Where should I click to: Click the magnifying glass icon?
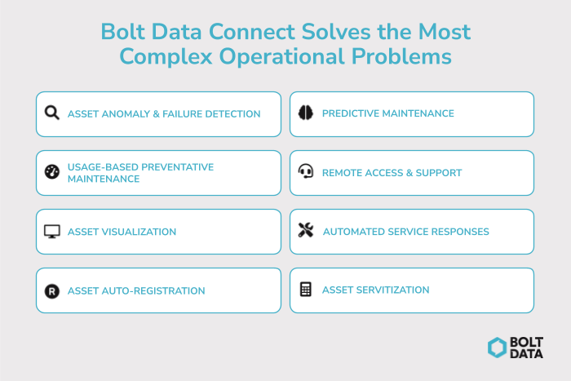click(52, 113)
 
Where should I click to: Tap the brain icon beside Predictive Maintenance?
click(306, 113)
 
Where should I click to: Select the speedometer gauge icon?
click(52, 172)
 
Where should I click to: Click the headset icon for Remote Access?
click(306, 172)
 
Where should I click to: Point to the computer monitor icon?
click(52, 232)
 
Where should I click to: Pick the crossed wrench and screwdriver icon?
click(306, 232)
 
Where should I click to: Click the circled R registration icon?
click(52, 290)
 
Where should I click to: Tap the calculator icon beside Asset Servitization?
click(306, 290)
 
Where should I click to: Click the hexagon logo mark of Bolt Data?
click(498, 348)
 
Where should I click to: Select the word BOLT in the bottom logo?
click(528, 342)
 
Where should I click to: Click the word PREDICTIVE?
click(352, 113)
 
